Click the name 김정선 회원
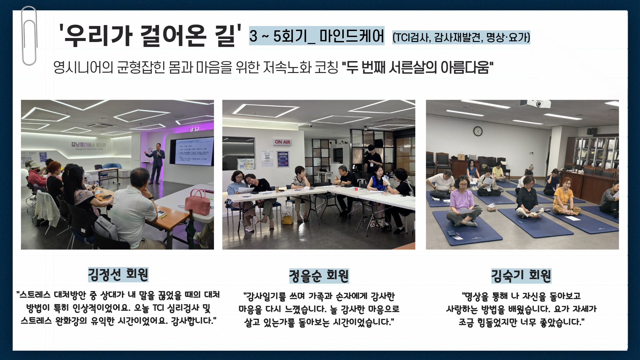118,274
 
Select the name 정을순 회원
319,276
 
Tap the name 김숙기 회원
521,276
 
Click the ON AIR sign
282,142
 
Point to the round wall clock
478,131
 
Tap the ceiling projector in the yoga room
536,104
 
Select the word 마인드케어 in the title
352,36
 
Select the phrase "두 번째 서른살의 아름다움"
418,67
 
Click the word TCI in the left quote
158,308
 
